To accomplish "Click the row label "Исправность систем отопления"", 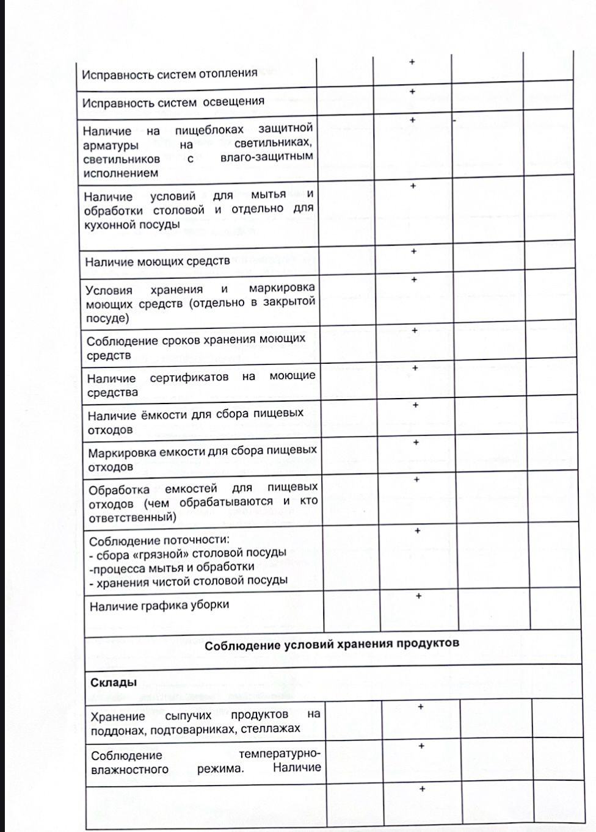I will point(169,74).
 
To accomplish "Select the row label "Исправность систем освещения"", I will point(173,102).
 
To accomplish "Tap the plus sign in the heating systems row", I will point(412,62).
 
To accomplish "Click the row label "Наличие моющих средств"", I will point(158,262).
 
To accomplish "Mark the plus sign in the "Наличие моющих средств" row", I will point(413,251).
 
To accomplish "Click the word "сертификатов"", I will point(189,378).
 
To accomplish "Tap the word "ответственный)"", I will point(133,518).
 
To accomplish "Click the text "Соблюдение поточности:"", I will point(159,541).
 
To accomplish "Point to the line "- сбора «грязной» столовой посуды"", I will point(187,554).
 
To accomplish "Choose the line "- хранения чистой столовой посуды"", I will point(188,581).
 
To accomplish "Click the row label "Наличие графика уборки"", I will point(159,606).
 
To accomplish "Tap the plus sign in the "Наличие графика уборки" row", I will point(418,596).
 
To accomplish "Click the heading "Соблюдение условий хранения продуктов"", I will point(332,644).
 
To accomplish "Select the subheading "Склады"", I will point(114,682).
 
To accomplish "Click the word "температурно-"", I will point(280,754).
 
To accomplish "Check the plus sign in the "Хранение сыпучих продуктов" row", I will point(421,707).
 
